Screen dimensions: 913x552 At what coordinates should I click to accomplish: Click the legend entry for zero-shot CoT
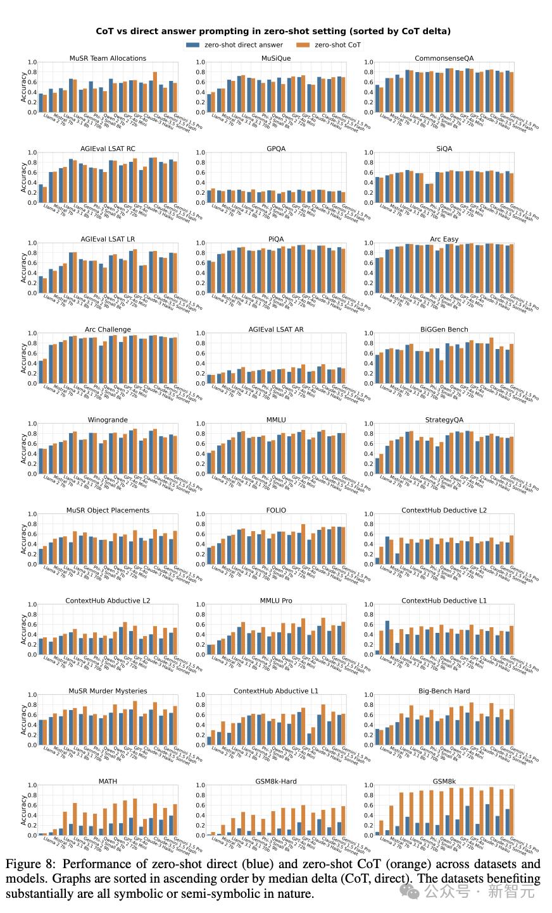(337, 45)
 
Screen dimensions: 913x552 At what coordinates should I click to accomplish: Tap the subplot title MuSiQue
(276, 58)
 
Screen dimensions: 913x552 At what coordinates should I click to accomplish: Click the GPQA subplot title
(276, 149)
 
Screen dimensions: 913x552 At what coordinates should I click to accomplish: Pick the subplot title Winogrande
(108, 420)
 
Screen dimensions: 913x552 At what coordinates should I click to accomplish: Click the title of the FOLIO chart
(276, 510)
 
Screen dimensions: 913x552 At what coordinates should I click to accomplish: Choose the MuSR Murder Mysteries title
(108, 691)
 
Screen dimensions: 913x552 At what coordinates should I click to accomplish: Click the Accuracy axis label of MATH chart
(24, 810)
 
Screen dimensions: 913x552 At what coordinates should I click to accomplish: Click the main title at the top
(273, 31)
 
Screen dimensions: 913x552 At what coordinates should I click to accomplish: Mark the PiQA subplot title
(276, 239)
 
